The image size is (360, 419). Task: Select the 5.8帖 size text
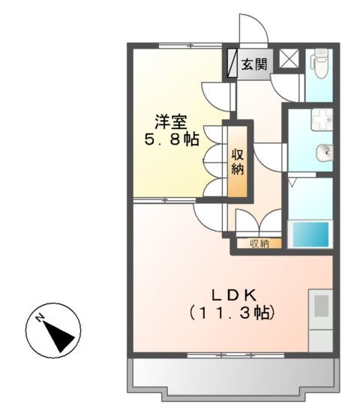[172, 139]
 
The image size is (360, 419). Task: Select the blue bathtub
[310, 234]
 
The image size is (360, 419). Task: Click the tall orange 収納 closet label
[238, 162]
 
